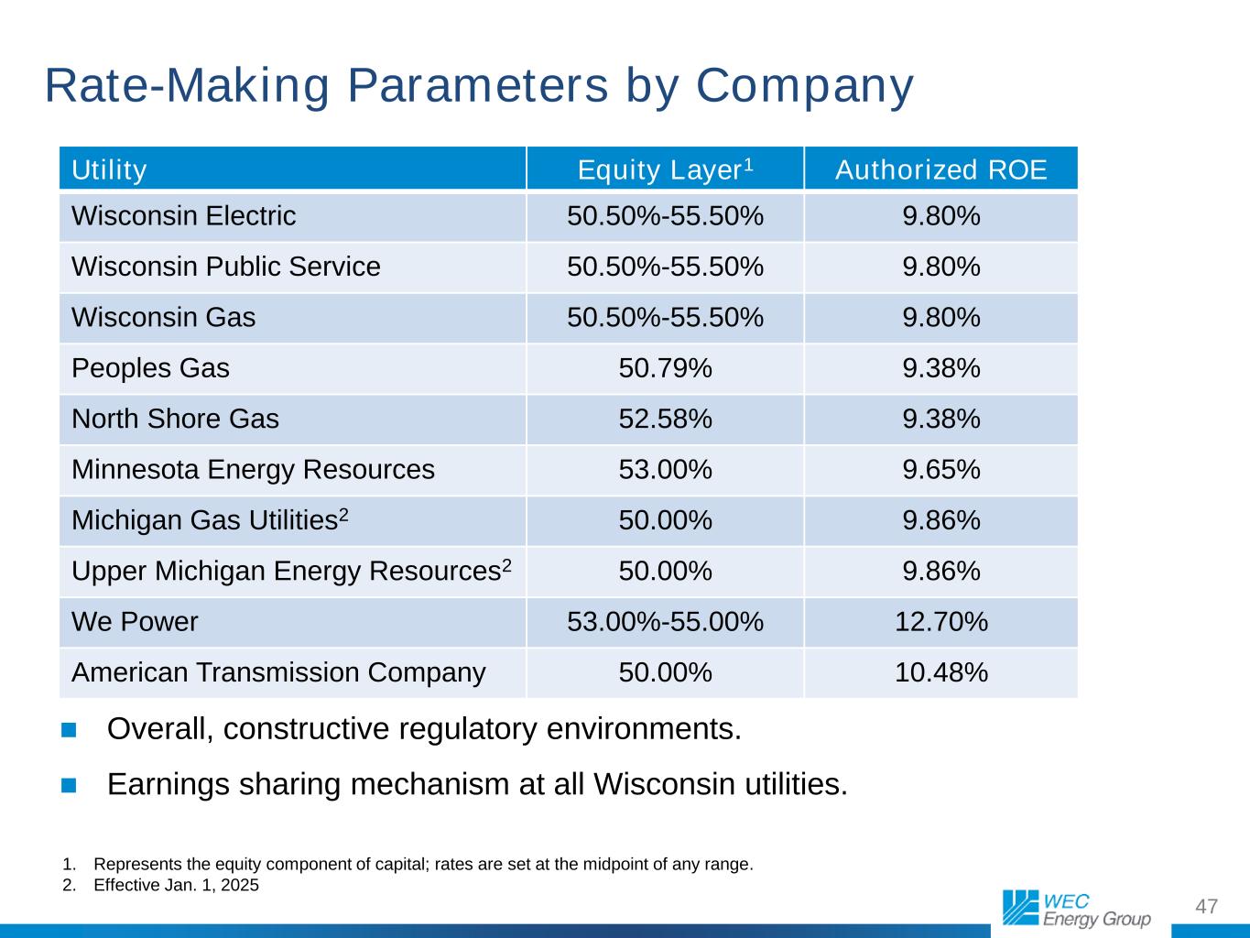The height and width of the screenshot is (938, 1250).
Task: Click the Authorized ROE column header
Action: coord(940,170)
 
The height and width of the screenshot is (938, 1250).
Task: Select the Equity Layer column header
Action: coord(665,170)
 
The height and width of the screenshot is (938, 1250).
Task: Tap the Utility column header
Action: coord(109,170)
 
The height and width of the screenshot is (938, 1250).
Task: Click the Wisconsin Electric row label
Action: coord(183,216)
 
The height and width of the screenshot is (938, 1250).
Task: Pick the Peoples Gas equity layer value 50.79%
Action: coord(665,368)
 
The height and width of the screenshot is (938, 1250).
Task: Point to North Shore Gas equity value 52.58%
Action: coord(665,419)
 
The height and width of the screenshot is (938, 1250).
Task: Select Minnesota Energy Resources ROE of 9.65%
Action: coord(940,470)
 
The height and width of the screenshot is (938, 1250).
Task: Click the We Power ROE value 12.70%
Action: coord(940,622)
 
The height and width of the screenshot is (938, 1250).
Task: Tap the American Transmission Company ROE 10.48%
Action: coord(940,672)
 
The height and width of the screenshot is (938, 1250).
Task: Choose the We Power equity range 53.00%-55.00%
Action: coord(665,622)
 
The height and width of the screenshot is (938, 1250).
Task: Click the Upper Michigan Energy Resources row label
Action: coord(290,571)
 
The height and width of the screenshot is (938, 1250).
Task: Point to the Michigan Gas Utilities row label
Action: coord(209,520)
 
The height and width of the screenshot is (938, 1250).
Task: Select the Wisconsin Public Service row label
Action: coord(225,267)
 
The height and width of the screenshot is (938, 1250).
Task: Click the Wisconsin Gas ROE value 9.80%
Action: coord(940,318)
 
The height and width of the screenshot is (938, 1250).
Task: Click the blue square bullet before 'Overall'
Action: coord(70,730)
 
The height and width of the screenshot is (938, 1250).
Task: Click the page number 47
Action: coord(1207,907)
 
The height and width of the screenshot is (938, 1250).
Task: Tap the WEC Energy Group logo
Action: coord(1076,908)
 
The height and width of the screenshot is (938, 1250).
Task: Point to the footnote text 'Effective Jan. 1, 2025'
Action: coord(176,885)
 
